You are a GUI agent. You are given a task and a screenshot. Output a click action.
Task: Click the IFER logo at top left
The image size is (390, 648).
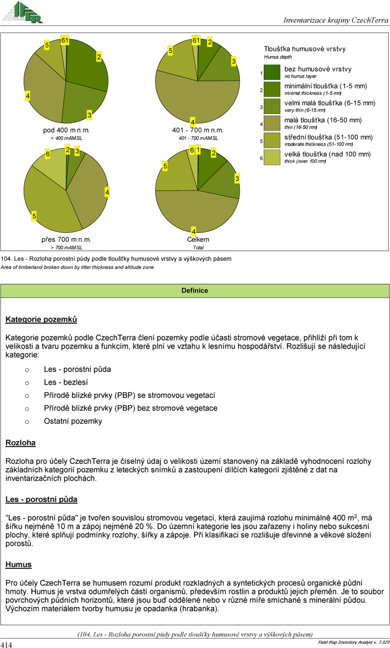tap(23, 12)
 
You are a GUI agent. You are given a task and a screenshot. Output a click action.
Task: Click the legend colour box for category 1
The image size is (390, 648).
tap(272, 73)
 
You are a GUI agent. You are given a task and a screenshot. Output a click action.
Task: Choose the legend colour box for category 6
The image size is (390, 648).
tap(272, 157)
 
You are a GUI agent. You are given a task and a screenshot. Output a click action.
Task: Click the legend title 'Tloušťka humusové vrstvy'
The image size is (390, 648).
tap(305, 49)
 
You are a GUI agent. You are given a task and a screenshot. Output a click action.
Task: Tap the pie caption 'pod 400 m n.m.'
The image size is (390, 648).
tap(66, 130)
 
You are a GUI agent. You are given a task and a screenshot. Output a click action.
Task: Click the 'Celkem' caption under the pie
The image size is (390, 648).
tap(198, 240)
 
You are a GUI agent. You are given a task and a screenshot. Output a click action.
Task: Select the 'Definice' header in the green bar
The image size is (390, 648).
tap(195, 290)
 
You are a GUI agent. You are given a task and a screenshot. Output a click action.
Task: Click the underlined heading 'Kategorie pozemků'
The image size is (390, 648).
tap(41, 320)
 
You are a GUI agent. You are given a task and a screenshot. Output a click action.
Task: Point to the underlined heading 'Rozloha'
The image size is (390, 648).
tap(20, 442)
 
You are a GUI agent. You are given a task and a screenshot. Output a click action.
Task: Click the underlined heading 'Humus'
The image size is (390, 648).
tap(19, 565)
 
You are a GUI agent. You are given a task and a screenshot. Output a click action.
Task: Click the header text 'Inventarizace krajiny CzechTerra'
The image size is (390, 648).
tap(336, 20)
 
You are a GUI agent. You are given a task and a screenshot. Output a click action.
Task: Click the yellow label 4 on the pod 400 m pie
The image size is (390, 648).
tap(28, 96)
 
